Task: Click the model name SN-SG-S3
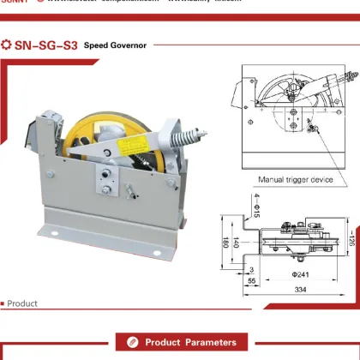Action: point(45,45)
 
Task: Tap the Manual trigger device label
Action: point(296,180)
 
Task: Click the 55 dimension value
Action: point(251,280)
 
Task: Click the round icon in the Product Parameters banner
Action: point(132,343)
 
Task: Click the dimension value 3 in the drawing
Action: point(251,269)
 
